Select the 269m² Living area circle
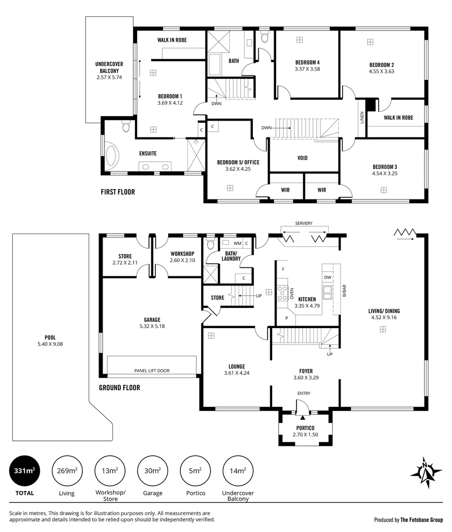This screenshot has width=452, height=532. pyautogui.click(x=67, y=471)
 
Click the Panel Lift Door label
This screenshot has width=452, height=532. pyautogui.click(x=152, y=370)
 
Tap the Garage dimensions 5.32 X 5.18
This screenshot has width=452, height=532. pyautogui.click(x=152, y=326)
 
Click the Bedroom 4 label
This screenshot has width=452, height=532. pyautogui.click(x=308, y=62)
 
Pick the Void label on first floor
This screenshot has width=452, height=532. pyautogui.click(x=303, y=158)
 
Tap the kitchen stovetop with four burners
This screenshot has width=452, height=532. pyautogui.click(x=283, y=293)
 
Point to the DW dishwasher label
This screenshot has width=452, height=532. pyautogui.click(x=328, y=277)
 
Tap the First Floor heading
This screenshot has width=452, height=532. pyautogui.click(x=117, y=192)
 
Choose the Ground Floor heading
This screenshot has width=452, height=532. pyautogui.click(x=119, y=388)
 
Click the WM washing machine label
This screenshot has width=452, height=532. pyautogui.click(x=237, y=243)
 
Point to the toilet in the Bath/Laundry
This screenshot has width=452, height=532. pyautogui.click(x=210, y=244)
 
